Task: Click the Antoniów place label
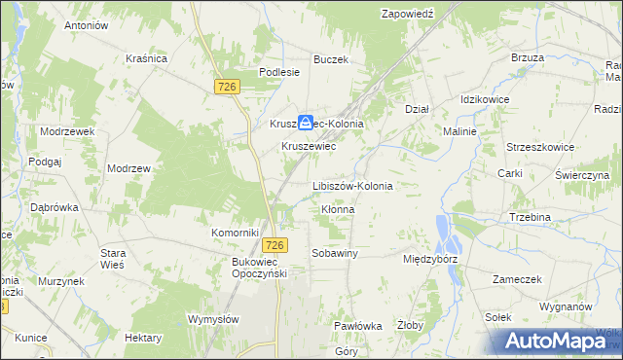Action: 85,25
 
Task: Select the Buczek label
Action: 331,59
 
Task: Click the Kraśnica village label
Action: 147,58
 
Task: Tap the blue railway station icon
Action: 306,122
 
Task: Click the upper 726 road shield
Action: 227,88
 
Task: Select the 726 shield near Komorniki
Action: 276,245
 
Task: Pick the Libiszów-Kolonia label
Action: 351,186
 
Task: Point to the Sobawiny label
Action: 335,253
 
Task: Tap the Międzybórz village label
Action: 430,260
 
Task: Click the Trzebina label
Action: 531,217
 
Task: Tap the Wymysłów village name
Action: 213,319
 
